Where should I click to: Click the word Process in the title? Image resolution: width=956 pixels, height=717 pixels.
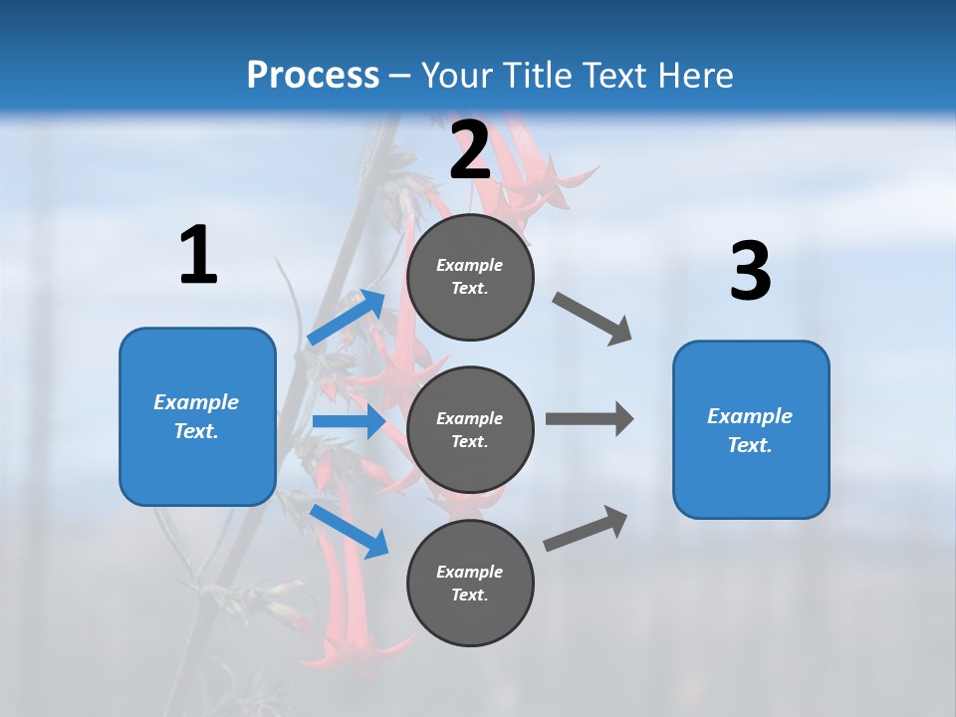[313, 76]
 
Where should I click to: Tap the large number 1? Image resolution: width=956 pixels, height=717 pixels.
[198, 255]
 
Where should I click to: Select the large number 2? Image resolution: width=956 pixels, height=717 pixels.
[470, 150]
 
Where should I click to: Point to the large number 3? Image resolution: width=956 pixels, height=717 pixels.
[750, 272]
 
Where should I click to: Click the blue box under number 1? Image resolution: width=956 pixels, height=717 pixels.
[197, 416]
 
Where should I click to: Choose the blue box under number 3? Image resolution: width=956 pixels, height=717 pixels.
[751, 430]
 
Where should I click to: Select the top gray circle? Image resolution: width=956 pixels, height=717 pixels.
[470, 277]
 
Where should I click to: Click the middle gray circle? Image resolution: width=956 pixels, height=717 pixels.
[470, 429]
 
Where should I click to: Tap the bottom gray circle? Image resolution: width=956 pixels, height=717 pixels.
[470, 583]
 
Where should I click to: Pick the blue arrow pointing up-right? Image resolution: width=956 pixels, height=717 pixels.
[347, 317]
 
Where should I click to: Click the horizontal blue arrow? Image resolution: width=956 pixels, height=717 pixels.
[349, 421]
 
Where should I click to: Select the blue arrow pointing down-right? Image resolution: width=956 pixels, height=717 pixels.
[349, 530]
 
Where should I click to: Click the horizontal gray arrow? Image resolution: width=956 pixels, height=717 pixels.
[590, 418]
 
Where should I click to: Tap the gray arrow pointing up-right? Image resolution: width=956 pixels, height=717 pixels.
[587, 528]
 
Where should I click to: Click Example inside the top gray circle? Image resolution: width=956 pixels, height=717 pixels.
[470, 265]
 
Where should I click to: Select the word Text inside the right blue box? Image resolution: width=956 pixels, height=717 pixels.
[749, 445]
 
